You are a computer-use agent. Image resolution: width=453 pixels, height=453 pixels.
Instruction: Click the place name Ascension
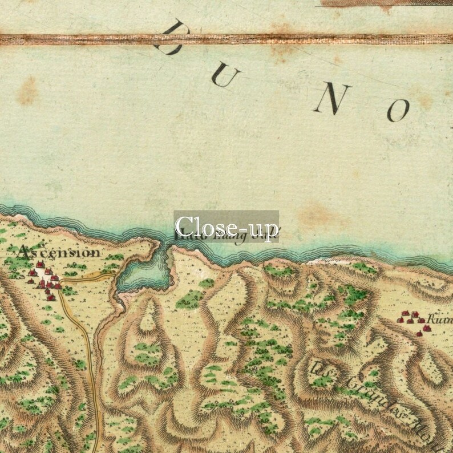(59, 252)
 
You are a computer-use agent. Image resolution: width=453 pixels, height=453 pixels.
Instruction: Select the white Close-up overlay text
(226, 226)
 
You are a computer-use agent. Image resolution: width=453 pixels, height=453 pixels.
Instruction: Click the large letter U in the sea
(226, 76)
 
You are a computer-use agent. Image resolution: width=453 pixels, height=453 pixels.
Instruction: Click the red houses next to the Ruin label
(412, 320)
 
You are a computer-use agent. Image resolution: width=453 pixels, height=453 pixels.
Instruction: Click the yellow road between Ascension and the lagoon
(91, 277)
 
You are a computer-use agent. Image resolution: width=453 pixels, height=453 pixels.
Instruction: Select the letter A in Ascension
(24, 251)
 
